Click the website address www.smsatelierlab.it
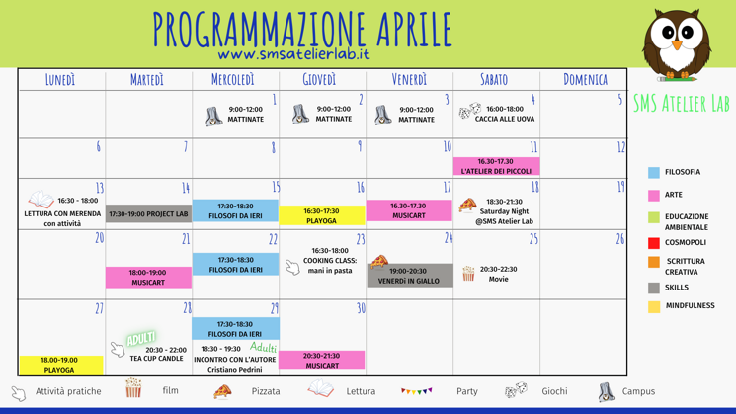click(x=293, y=54)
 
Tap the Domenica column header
click(x=585, y=79)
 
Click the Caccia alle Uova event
click(x=505, y=115)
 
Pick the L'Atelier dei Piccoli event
click(x=495, y=166)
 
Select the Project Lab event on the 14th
click(x=148, y=213)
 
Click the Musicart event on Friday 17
click(x=409, y=210)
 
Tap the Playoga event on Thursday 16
click(x=321, y=215)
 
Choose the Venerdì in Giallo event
click(x=409, y=276)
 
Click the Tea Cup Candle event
click(x=158, y=354)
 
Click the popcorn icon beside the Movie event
click(x=468, y=273)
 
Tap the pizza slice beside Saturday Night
click(x=467, y=206)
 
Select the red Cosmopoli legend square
click(x=654, y=243)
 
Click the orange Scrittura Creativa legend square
click(x=654, y=262)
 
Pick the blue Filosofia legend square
click(x=654, y=173)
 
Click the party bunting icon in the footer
click(x=416, y=391)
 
